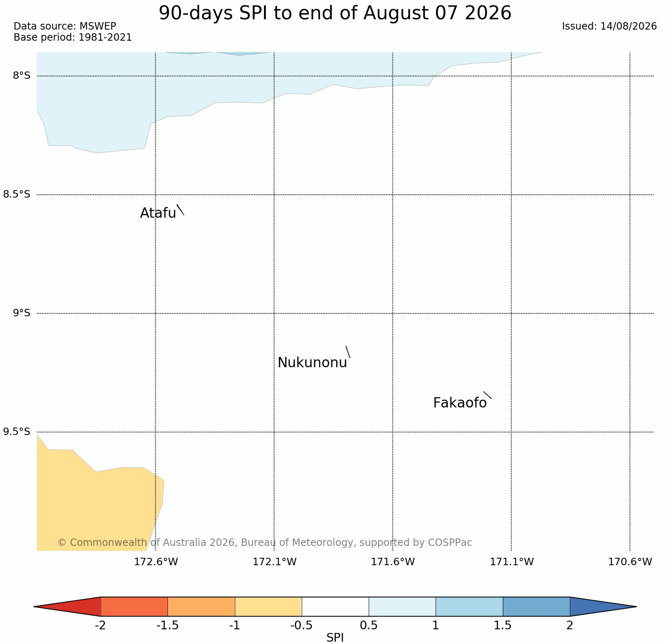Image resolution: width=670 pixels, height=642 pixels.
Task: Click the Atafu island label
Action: click(158, 213)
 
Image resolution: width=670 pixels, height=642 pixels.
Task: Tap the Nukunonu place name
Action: click(312, 363)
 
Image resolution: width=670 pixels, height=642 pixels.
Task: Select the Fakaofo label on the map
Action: click(460, 403)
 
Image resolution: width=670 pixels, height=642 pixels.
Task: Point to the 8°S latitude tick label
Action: click(22, 76)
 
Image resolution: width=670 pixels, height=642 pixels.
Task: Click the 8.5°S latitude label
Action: click(17, 194)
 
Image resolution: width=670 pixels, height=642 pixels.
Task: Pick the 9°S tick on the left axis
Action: click(22, 313)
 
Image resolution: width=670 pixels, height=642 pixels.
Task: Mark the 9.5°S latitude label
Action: click(17, 432)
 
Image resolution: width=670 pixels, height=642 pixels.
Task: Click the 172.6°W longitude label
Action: click(156, 561)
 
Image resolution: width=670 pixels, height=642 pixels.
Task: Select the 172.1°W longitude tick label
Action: click(274, 561)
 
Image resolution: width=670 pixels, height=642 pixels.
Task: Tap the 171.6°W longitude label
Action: click(393, 561)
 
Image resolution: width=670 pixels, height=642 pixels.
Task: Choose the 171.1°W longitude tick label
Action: click(512, 561)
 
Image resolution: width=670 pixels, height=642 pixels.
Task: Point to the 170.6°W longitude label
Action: click(630, 561)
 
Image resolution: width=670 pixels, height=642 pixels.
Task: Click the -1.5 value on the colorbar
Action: click(167, 626)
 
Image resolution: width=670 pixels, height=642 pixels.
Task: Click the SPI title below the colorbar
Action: click(335, 637)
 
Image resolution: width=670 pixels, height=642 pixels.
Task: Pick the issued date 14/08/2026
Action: click(629, 26)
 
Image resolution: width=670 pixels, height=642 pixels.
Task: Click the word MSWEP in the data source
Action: click(98, 26)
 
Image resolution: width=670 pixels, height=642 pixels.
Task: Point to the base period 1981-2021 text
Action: click(106, 37)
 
